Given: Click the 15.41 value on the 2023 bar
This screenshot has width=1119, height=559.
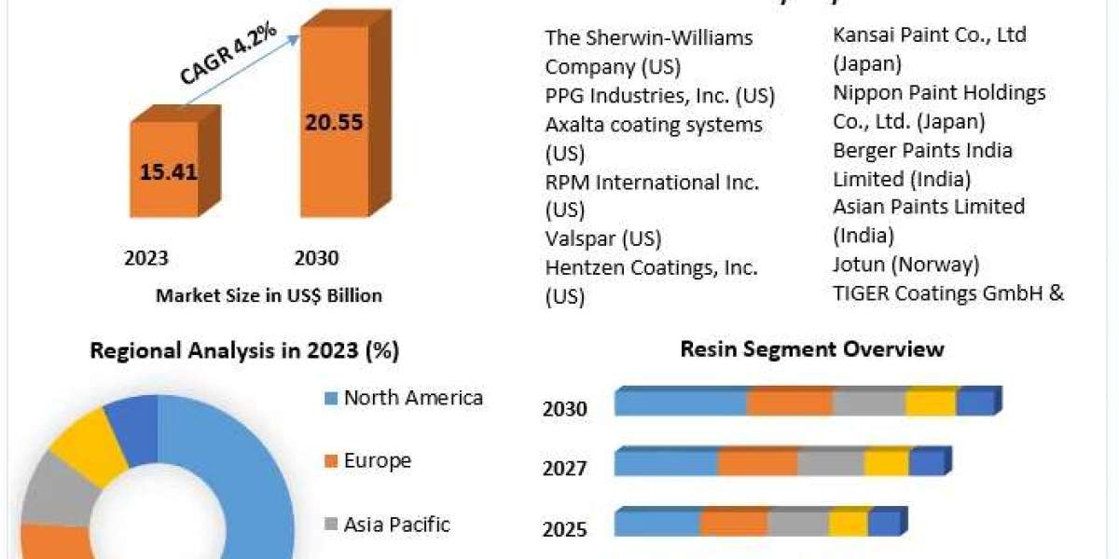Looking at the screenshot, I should pyautogui.click(x=168, y=172).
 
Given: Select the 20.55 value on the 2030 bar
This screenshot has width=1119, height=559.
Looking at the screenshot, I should pyautogui.click(x=332, y=122).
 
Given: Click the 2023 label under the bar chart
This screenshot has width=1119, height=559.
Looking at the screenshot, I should pyautogui.click(x=146, y=258).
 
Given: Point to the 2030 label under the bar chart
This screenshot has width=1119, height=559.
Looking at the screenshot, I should pyautogui.click(x=316, y=258).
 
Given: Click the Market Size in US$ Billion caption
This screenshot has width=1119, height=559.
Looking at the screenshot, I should pyautogui.click(x=269, y=295).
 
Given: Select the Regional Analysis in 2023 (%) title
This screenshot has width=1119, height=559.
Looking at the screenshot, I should pyautogui.click(x=244, y=351).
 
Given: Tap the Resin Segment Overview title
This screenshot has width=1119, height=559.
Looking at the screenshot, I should pyautogui.click(x=812, y=349).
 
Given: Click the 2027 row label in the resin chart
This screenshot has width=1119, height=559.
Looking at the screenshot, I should pyautogui.click(x=565, y=468).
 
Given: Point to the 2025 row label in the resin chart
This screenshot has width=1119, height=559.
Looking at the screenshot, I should pyautogui.click(x=565, y=529).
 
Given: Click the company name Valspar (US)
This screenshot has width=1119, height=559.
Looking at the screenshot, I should pyautogui.click(x=602, y=239).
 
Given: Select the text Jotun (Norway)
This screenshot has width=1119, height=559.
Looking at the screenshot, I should pyautogui.click(x=905, y=265).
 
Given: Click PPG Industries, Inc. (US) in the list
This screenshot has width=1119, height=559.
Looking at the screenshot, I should pyautogui.click(x=660, y=96).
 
